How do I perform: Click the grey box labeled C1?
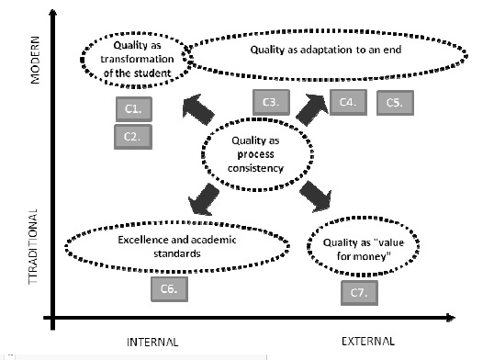pyautogui.click(x=134, y=109)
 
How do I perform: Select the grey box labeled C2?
pyautogui.click(x=134, y=136)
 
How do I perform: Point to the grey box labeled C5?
pyautogui.click(x=395, y=103)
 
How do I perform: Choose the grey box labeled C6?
pyautogui.click(x=170, y=288)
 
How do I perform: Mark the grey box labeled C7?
pyautogui.click(x=359, y=293)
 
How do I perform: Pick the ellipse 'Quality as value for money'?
pyautogui.click(x=360, y=249)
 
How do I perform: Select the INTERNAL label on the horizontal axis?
pyautogui.click(x=152, y=342)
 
